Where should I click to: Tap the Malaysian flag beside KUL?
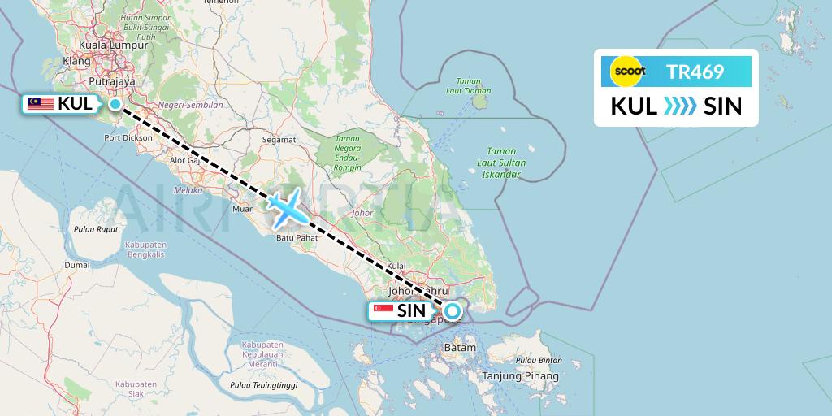click(x=41, y=103)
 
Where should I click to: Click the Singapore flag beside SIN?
click(x=383, y=310)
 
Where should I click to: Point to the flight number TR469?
click(x=695, y=72)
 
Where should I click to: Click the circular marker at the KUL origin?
click(x=115, y=103)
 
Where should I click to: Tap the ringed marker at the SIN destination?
click(x=452, y=310)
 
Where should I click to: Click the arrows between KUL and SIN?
click(x=679, y=106)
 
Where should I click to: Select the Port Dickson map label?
click(x=128, y=138)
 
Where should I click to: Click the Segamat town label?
click(x=279, y=140)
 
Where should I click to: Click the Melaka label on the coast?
click(x=188, y=190)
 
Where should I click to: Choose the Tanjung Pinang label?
click(x=521, y=376)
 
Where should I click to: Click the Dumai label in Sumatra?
click(x=77, y=265)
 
